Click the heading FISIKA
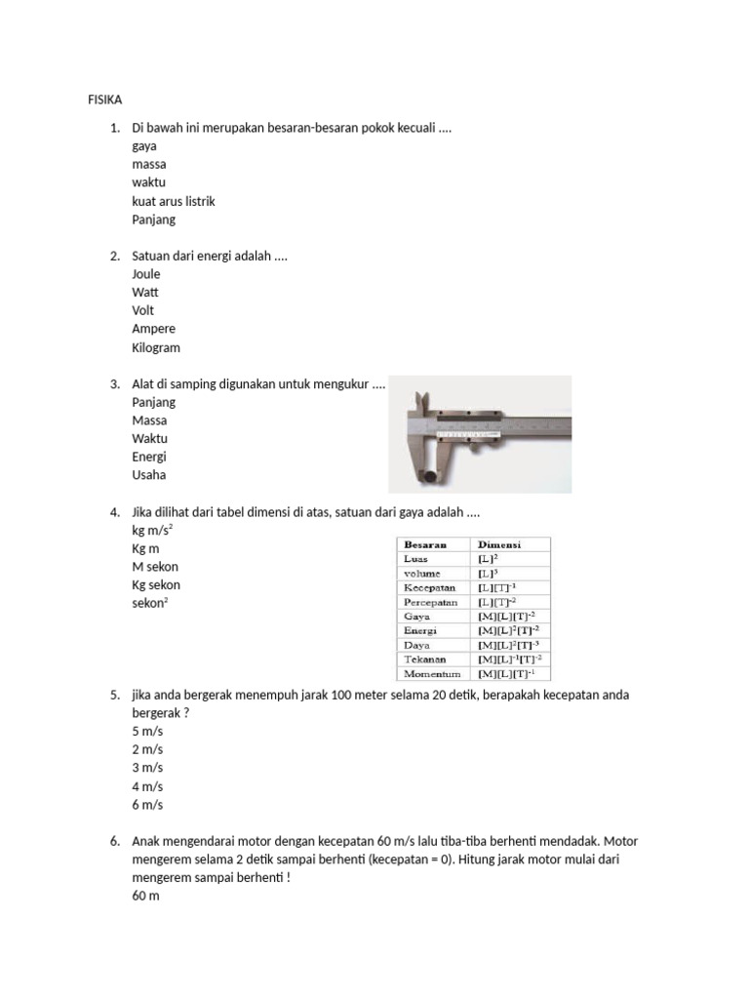(x=96, y=100)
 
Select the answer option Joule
(x=146, y=274)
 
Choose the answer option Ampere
(x=154, y=329)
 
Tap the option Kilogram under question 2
(x=156, y=347)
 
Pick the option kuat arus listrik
(x=174, y=201)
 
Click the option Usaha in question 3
(x=149, y=475)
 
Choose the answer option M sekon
(x=155, y=567)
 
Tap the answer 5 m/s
(x=147, y=731)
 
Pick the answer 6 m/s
(x=147, y=805)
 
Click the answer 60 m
(x=145, y=896)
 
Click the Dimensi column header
(x=499, y=544)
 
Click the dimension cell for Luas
(x=488, y=559)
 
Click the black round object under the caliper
(x=430, y=478)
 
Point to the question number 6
(x=114, y=841)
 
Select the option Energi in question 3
(x=149, y=457)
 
